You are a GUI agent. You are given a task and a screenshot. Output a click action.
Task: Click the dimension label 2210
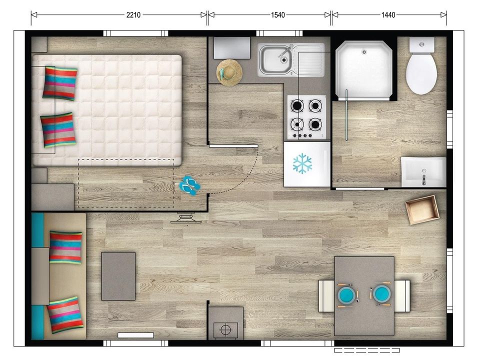click(x=133, y=14)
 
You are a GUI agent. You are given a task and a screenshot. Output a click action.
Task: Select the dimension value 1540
click(x=277, y=14)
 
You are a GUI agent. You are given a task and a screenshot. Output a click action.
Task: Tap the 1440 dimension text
click(x=388, y=14)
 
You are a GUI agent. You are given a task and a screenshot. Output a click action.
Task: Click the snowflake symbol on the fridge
click(x=302, y=163)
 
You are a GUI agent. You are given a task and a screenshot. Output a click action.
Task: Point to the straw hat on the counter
click(x=229, y=72)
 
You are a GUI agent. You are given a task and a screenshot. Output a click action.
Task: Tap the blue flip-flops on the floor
click(x=190, y=185)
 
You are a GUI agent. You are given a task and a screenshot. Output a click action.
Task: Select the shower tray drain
click(x=364, y=52)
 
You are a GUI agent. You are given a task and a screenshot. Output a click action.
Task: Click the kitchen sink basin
click(x=275, y=59)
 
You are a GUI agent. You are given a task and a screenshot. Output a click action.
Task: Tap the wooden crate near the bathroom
click(x=422, y=209)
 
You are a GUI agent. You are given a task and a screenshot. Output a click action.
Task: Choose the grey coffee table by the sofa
click(x=118, y=276)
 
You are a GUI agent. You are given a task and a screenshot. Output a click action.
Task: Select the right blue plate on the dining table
click(x=381, y=294)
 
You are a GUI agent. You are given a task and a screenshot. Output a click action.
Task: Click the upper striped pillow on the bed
click(x=59, y=83)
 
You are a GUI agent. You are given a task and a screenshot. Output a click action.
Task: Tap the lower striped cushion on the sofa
click(x=65, y=314)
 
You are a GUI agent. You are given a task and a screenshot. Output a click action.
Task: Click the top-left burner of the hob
click(x=297, y=106)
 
